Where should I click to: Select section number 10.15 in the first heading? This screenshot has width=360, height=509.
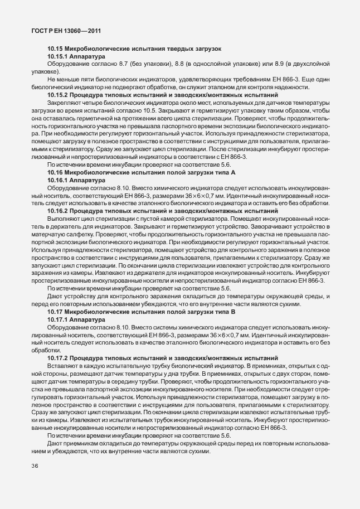click(x=55, y=50)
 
